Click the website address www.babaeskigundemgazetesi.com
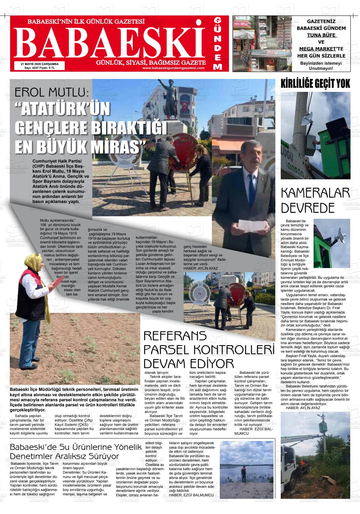(x=173, y=68)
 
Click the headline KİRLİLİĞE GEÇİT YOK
(x=315, y=83)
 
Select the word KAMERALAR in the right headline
(x=315, y=194)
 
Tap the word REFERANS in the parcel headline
(x=175, y=336)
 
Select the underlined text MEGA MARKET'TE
(x=321, y=49)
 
